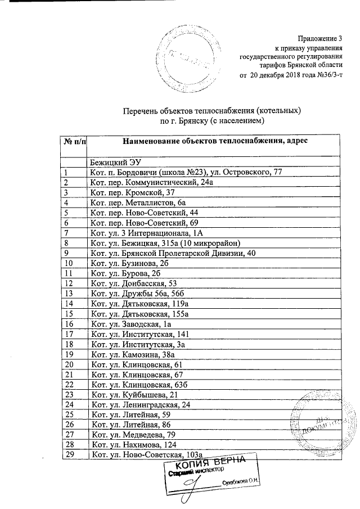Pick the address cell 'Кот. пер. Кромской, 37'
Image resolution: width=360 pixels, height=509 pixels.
(129, 192)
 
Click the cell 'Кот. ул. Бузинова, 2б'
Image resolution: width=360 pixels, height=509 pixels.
(129, 263)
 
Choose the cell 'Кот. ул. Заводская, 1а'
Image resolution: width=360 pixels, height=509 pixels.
(130, 324)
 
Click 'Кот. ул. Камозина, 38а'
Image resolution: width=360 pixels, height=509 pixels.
(133, 354)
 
